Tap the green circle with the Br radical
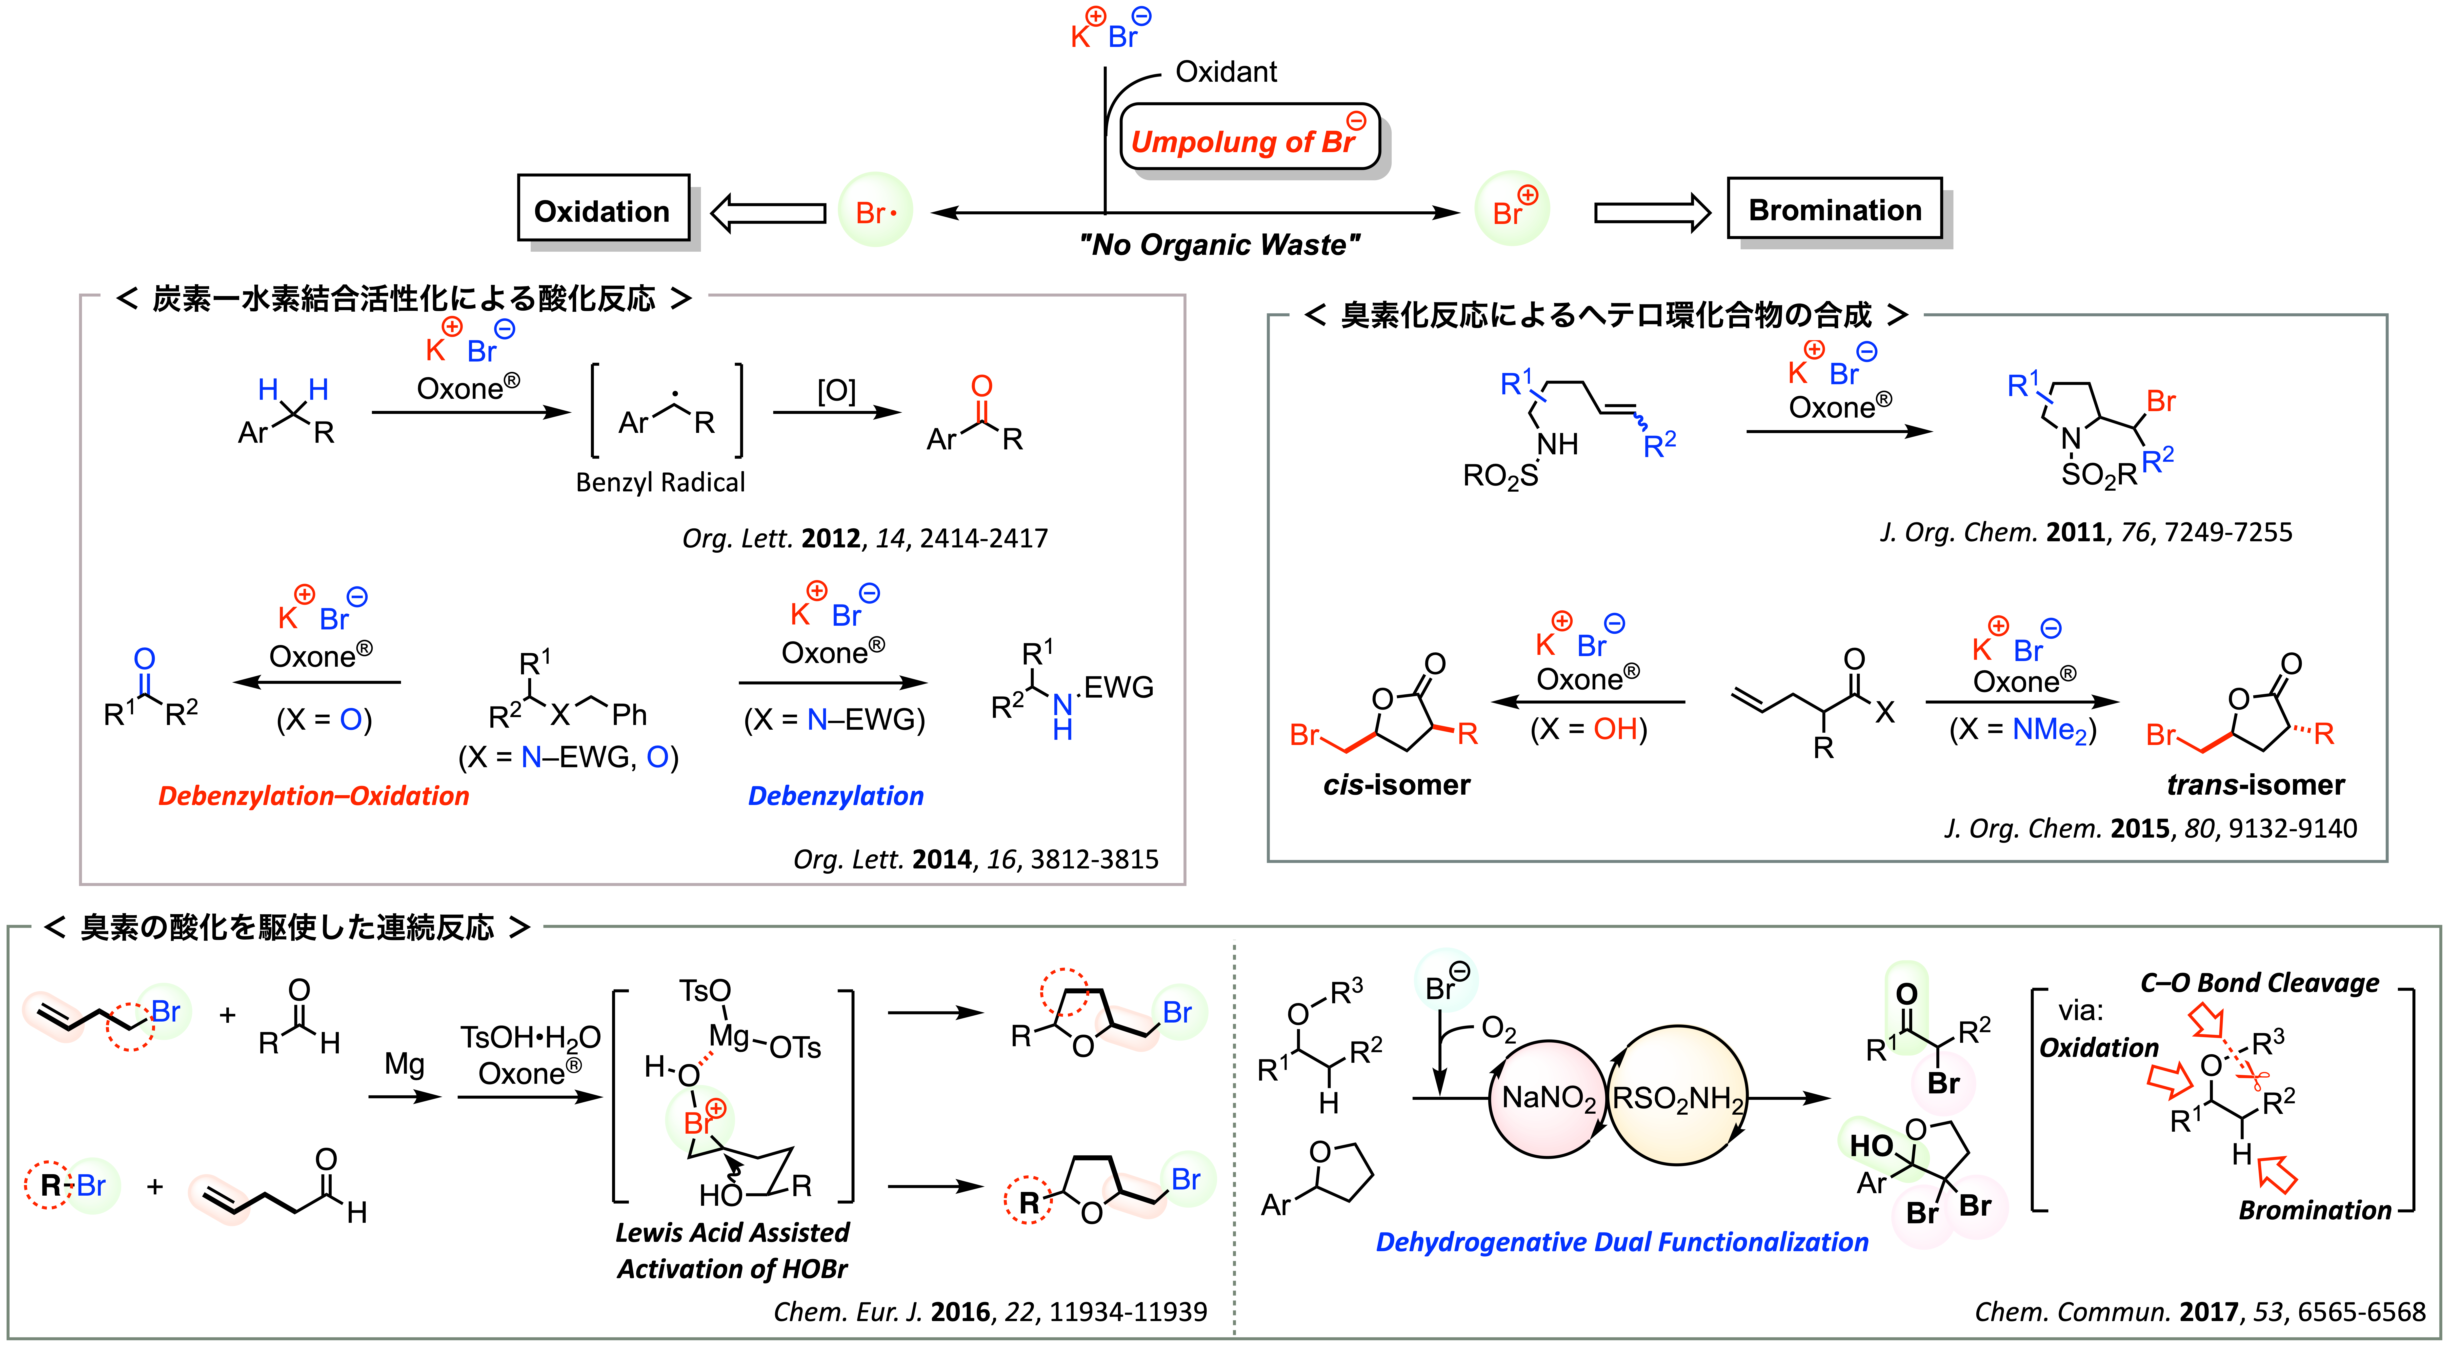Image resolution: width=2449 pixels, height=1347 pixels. coord(875,210)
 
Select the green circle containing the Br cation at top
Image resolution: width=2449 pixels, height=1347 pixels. coord(1512,209)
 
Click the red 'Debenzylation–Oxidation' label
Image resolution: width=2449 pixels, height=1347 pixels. coord(314,796)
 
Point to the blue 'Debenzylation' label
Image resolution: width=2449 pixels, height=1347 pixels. coord(836,796)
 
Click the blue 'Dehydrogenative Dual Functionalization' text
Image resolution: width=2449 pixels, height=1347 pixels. coord(1622,1242)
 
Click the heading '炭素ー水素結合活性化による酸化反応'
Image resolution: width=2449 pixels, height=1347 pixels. coord(404,299)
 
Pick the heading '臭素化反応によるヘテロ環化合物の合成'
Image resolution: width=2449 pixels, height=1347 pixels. coord(1606,315)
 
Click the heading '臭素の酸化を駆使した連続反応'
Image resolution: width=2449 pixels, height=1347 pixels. coord(287,927)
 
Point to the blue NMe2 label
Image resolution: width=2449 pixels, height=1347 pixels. coord(2049,730)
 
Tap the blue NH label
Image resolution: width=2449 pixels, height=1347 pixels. coord(1063,717)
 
